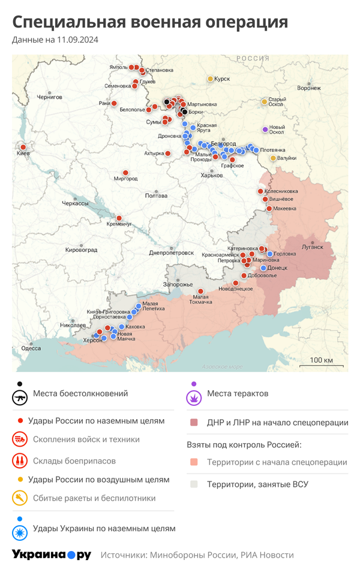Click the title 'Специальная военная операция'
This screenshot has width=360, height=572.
pos(150,22)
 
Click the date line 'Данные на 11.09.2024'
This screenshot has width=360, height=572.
pos(55,40)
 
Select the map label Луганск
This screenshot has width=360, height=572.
pos(312,246)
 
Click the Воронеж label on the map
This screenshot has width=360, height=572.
pos(308,88)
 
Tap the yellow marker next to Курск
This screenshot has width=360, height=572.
pos(210,79)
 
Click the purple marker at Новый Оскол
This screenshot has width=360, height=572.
pos(265,130)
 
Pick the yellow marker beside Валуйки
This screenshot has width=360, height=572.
pos(273,158)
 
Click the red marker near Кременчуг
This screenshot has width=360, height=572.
pos(119,218)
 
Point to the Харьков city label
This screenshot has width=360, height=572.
pos(211,175)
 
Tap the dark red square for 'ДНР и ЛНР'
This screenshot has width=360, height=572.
pos(194,422)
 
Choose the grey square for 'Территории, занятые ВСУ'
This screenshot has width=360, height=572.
pos(194,484)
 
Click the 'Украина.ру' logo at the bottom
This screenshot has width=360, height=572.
pos(52,555)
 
